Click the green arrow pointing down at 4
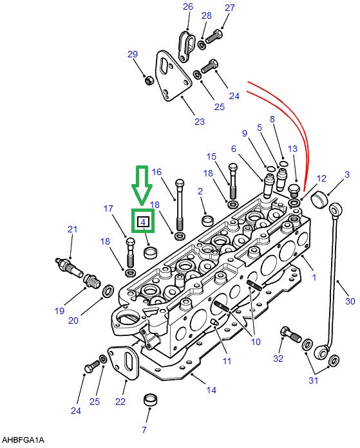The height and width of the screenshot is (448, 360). [x=142, y=185]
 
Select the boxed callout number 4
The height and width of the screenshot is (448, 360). [x=143, y=221]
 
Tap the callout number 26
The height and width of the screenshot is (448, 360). [x=188, y=6]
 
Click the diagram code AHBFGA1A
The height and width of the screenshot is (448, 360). [x=23, y=440]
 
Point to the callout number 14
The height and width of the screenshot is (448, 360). [x=211, y=390]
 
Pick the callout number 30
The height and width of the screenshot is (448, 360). [x=350, y=301]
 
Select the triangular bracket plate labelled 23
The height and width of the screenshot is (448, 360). [x=173, y=76]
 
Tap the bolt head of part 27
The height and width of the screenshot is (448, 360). [x=218, y=34]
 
